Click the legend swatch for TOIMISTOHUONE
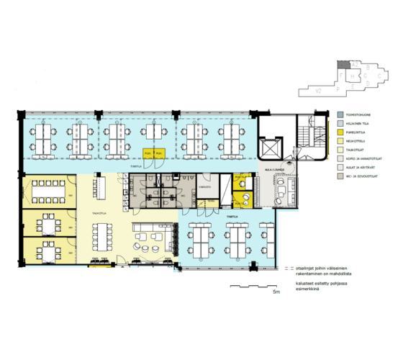click(x=339, y=114)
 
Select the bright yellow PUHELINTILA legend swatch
click(x=339, y=132)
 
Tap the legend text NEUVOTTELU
click(x=356, y=141)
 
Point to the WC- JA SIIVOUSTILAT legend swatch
click(x=339, y=175)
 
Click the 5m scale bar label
click(x=275, y=293)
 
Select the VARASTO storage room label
click(x=204, y=186)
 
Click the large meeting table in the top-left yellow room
click(x=47, y=191)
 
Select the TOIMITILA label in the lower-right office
click(x=232, y=215)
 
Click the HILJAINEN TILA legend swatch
click(x=339, y=123)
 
